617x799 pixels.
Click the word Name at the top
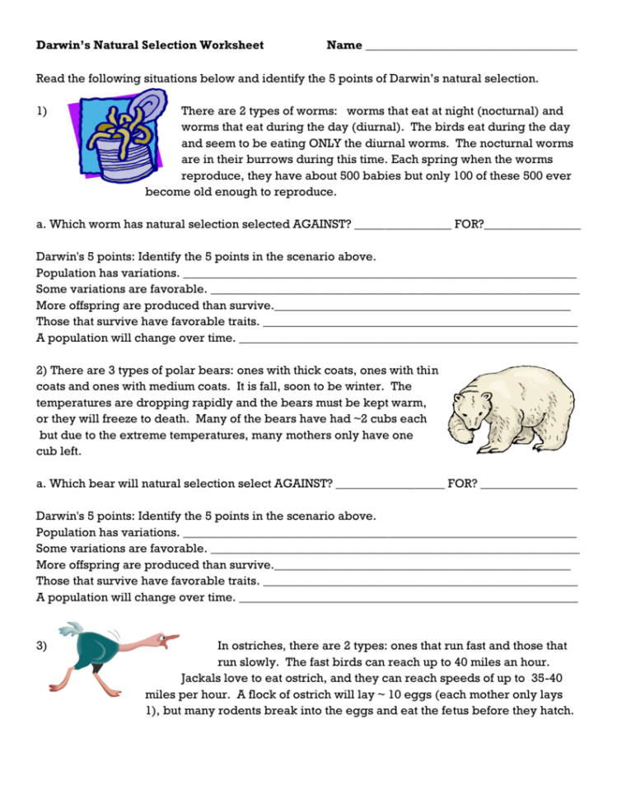[344, 45]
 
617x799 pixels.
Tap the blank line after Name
[470, 48]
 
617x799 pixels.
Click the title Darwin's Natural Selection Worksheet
[150, 45]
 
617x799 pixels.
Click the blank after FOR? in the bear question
[529, 484]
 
